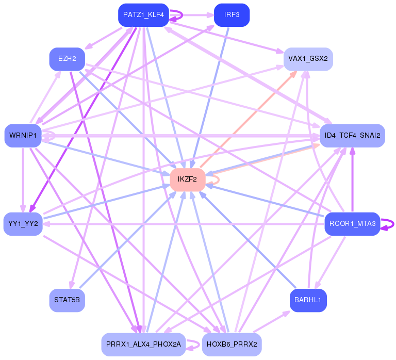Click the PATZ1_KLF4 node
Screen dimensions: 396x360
(x=143, y=15)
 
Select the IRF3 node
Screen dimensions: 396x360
(x=232, y=15)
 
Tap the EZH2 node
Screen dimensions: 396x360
(x=67, y=59)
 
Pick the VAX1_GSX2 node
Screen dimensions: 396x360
(x=308, y=59)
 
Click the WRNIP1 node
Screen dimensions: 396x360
(x=23, y=136)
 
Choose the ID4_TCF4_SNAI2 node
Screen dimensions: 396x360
(x=352, y=136)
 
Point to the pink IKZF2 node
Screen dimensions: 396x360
(x=187, y=179)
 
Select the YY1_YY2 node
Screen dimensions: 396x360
(x=23, y=224)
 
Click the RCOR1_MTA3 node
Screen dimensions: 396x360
(x=352, y=224)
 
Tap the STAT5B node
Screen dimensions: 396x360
(x=67, y=300)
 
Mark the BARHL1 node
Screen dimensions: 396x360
(x=308, y=300)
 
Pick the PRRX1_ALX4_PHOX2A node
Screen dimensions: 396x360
(x=143, y=345)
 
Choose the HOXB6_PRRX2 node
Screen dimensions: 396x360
(x=232, y=345)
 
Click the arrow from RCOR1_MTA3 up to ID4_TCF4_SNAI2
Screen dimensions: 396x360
(x=352, y=180)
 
